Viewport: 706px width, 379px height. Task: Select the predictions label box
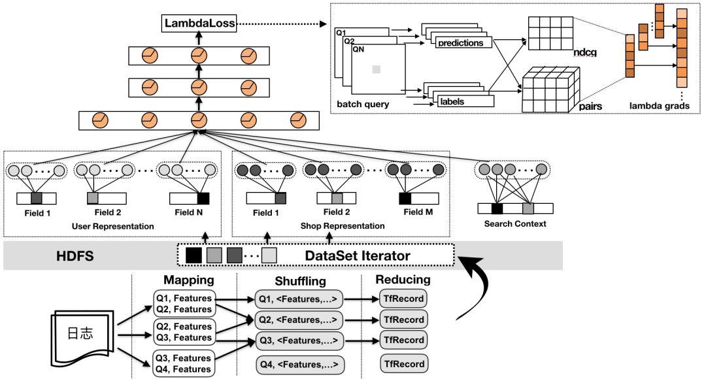(461, 43)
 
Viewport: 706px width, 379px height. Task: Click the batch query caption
(363, 104)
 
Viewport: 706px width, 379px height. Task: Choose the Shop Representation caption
(342, 226)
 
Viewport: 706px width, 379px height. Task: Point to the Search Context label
(516, 224)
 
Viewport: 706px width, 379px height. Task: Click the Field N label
(190, 212)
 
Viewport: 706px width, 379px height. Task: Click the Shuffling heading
(299, 280)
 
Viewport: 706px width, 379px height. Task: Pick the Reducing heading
(403, 280)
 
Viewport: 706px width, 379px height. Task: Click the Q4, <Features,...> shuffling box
(299, 364)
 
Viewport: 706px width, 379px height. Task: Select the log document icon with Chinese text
(81, 333)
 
